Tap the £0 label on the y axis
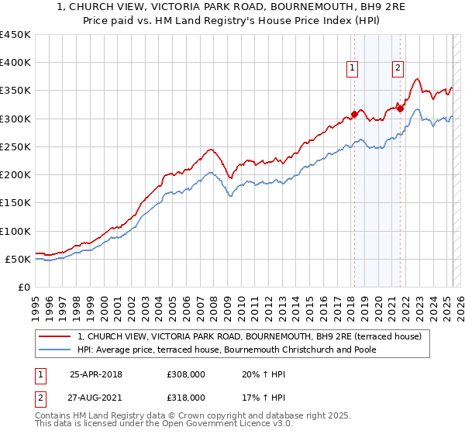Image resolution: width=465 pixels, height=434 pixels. pyautogui.click(x=24, y=288)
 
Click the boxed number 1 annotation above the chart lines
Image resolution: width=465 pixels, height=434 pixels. pyautogui.click(x=353, y=68)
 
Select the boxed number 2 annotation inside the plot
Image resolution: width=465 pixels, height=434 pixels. pyautogui.click(x=398, y=68)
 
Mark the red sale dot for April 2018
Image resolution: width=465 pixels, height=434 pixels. pyautogui.click(x=354, y=115)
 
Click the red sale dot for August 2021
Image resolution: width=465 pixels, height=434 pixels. pyautogui.click(x=401, y=108)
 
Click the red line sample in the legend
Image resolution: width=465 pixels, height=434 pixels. pyautogui.click(x=55, y=337)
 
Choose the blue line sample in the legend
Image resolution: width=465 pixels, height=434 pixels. pyautogui.click(x=55, y=350)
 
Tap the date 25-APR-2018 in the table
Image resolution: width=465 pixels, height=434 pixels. pyautogui.click(x=95, y=374)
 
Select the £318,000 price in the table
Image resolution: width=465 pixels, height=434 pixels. pyautogui.click(x=186, y=397)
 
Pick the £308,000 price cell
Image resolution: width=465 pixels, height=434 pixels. pyautogui.click(x=186, y=374)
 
